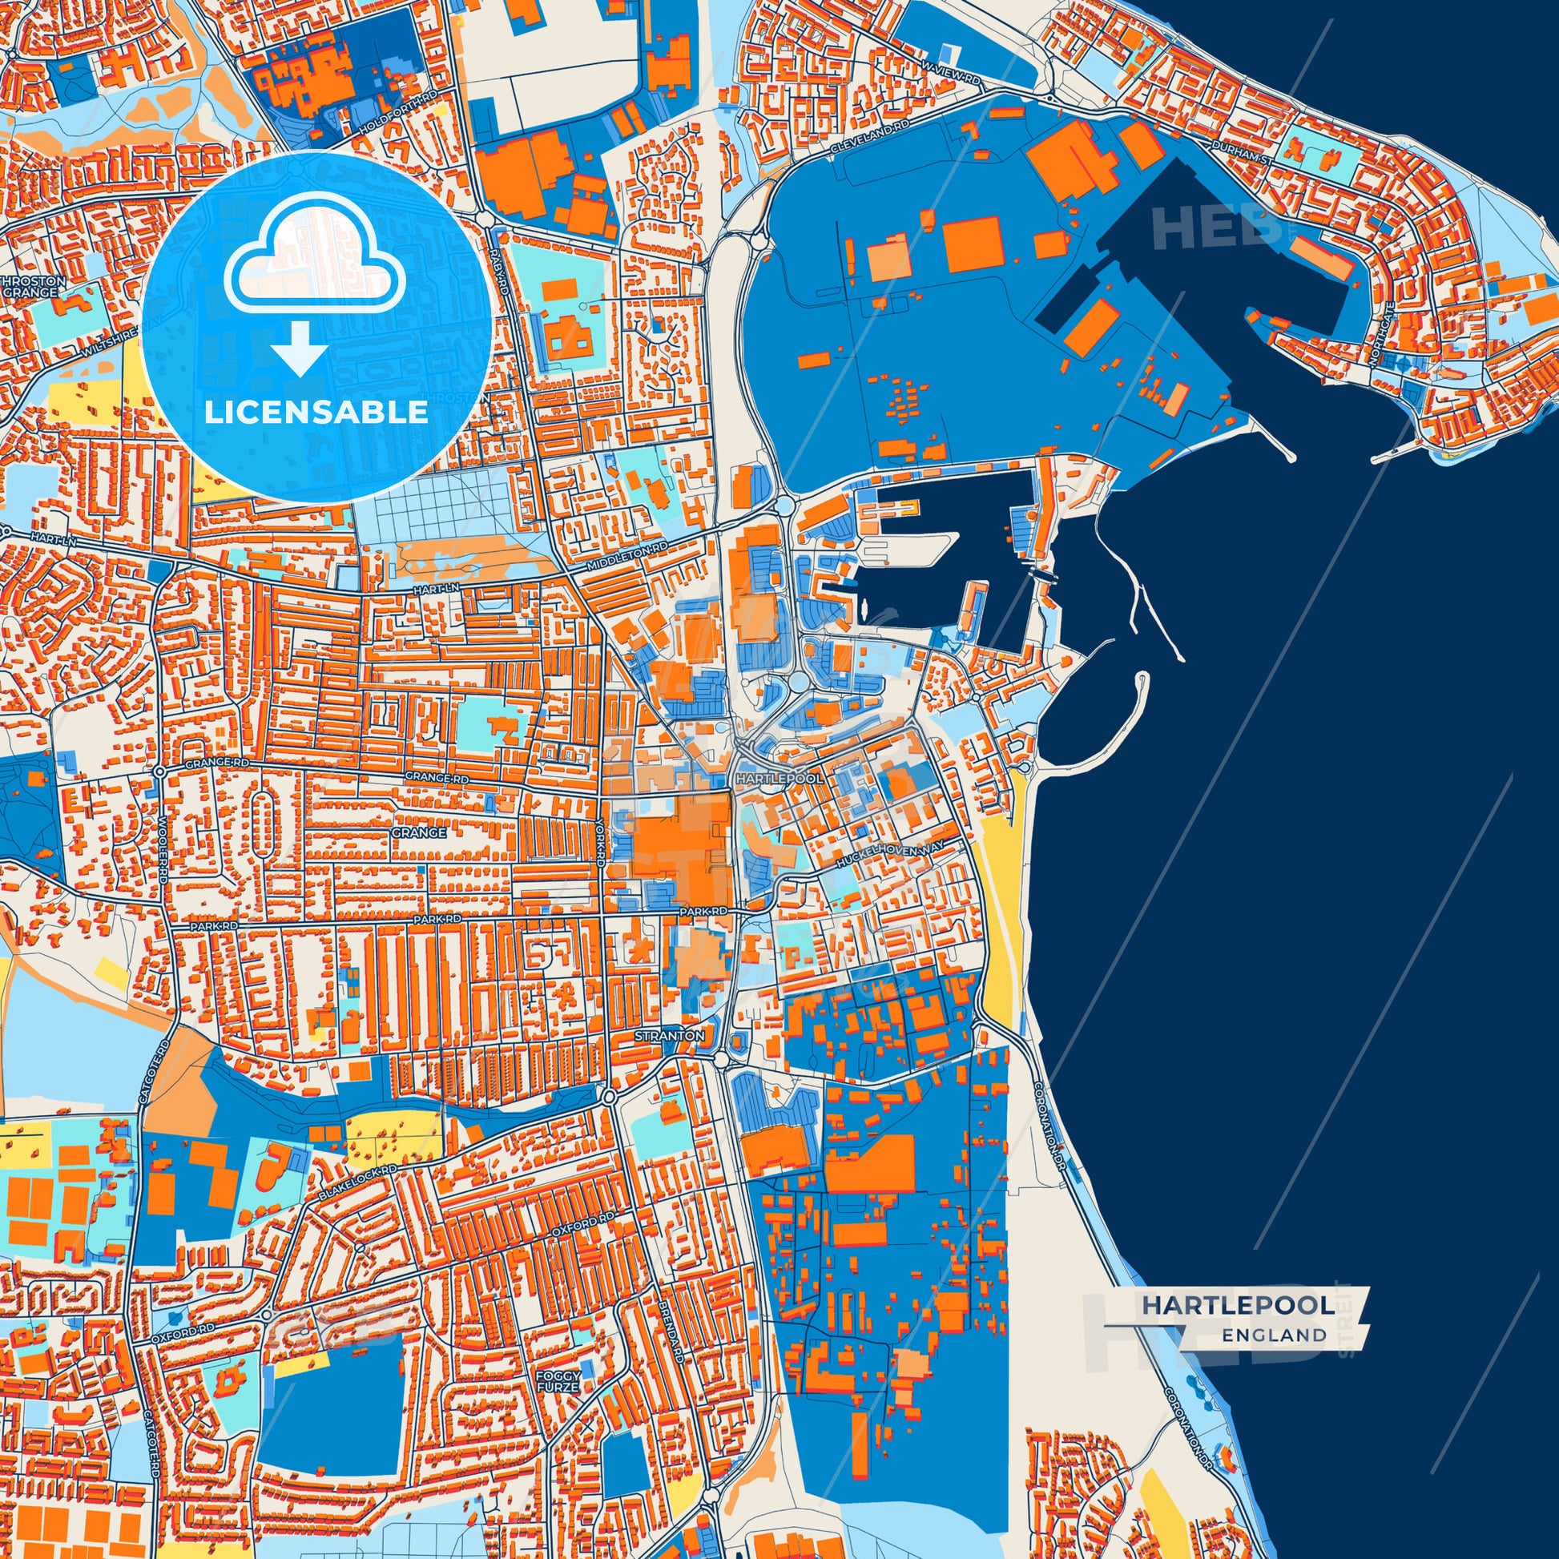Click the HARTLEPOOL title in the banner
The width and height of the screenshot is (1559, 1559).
coord(1237,1305)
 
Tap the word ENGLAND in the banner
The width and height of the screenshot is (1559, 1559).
coord(1273,1335)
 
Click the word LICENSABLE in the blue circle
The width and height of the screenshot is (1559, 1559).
coord(316,413)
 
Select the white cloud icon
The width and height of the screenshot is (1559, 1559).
coord(316,254)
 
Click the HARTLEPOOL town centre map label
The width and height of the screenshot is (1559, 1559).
coord(779,779)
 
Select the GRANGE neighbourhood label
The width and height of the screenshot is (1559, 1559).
coord(418,832)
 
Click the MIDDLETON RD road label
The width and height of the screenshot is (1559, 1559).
coord(629,556)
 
